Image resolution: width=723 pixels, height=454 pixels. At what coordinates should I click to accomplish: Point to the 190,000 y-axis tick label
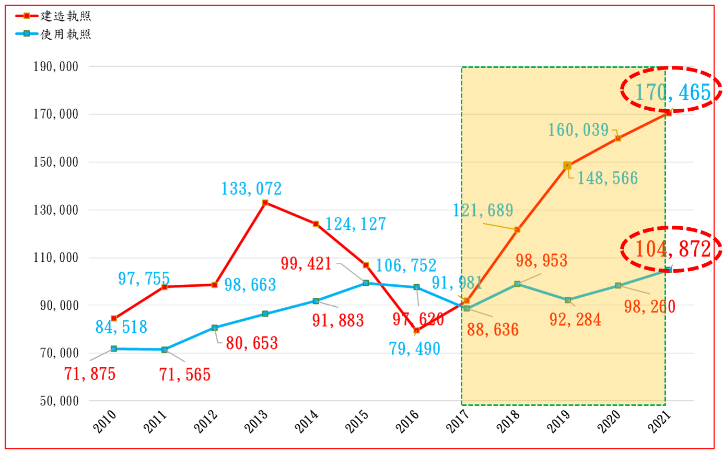pos(56,67)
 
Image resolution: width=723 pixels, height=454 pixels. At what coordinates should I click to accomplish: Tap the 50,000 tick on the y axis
pos(59,401)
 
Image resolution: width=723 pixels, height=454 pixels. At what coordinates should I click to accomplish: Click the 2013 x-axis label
pos(256,421)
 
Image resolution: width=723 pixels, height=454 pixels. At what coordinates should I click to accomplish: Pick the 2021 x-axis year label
pos(659,421)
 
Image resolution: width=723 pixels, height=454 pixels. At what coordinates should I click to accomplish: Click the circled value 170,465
pos(672,92)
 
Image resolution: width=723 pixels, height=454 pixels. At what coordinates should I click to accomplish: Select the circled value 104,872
pos(672,249)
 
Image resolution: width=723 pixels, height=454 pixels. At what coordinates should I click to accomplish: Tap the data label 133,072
pos(251,189)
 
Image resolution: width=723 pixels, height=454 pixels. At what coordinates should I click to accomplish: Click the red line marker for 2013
pos(265,203)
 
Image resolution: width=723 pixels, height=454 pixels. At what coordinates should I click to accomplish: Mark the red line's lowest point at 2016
pos(416,330)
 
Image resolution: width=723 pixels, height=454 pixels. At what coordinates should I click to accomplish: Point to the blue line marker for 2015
pos(366,283)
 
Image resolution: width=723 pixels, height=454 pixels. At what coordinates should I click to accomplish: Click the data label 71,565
pos(185,375)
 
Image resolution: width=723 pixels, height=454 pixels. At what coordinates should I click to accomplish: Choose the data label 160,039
pos(578,130)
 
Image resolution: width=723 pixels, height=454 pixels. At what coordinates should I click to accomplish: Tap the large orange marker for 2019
pos(567,166)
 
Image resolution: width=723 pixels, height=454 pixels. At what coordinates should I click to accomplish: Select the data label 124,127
pos(356,224)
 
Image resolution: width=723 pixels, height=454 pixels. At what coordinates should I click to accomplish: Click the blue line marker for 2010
pos(114,348)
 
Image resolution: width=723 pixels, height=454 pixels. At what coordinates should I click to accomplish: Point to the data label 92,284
pos(575,319)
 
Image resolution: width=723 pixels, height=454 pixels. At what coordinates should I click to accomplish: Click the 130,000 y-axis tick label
pos(56,210)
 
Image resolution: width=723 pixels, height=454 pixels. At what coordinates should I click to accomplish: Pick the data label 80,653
pos(252,343)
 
